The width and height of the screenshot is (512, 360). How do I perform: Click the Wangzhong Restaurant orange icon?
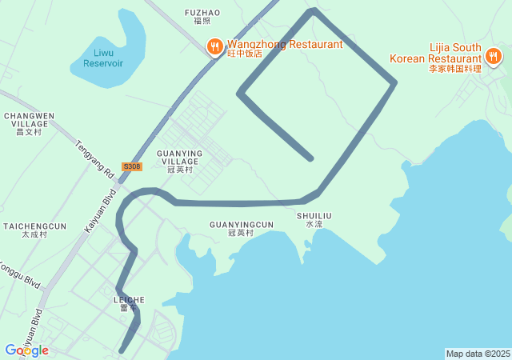click(214, 48)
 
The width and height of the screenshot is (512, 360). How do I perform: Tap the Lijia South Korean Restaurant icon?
click(493, 57)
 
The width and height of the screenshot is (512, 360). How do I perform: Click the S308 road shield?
click(132, 166)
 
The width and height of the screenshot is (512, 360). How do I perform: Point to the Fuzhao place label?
click(202, 17)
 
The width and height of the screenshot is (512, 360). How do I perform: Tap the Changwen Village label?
click(29, 123)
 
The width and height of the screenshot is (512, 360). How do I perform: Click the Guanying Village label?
click(180, 160)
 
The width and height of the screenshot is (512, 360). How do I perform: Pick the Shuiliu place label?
click(314, 220)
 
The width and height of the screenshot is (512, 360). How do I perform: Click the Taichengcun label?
click(34, 230)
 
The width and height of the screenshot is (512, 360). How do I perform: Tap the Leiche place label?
click(129, 303)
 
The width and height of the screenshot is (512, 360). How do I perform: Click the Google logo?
click(26, 350)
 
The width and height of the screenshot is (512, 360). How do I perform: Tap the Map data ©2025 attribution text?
click(478, 354)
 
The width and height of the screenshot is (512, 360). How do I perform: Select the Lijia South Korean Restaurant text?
click(435, 58)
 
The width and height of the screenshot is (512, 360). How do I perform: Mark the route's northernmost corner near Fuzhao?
click(314, 10)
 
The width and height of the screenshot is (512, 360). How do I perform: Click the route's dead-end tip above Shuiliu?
click(310, 158)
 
